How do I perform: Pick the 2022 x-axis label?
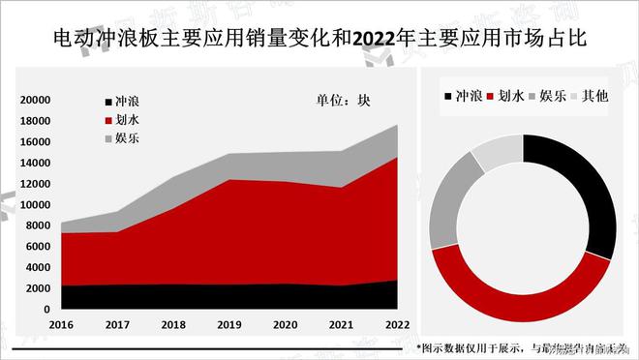[x=396, y=325]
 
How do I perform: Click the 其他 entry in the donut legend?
[x=593, y=96]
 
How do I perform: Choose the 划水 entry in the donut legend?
[x=512, y=96]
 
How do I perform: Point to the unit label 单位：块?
[x=343, y=100]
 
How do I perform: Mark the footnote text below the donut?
[x=523, y=347]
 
